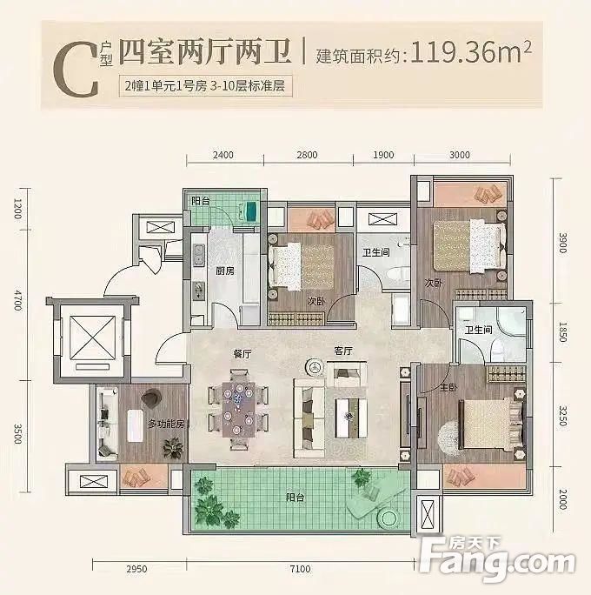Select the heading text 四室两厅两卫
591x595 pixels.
tap(205, 53)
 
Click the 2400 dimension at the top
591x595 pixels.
tap(223, 157)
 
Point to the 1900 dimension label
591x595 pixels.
tap(383, 157)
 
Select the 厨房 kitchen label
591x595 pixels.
tap(225, 271)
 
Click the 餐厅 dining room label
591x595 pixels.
tap(242, 353)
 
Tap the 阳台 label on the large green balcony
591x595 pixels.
tap(297, 499)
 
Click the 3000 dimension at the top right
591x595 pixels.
tap(460, 157)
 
